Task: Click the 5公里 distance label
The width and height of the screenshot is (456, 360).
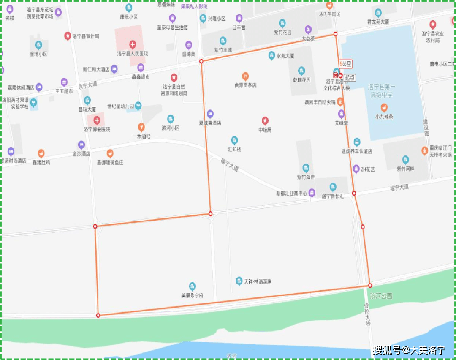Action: point(345,64)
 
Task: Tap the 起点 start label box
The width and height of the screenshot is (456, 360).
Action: point(350,77)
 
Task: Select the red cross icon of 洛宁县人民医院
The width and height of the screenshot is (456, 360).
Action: point(133,44)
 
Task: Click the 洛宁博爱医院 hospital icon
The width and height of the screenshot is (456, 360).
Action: point(97,120)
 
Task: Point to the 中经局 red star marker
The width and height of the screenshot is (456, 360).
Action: point(265,120)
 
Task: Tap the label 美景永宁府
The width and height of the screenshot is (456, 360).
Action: point(192,296)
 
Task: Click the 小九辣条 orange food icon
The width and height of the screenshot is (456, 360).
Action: point(384,107)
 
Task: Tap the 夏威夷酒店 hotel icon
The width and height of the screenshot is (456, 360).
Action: point(210,114)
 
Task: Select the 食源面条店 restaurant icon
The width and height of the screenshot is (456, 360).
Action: point(245,76)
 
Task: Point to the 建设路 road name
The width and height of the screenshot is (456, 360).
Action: point(426,127)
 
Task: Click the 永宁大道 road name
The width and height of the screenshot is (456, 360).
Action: point(87,85)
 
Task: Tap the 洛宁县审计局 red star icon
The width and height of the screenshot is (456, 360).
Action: point(67,36)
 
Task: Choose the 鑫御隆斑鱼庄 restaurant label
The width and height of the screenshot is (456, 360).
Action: point(110,162)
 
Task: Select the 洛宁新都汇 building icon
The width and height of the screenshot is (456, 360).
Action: point(333,187)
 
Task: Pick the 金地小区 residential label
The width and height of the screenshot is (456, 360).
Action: point(38,54)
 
